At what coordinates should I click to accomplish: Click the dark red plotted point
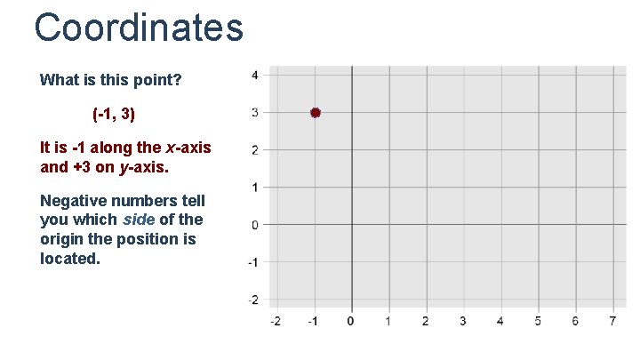315,113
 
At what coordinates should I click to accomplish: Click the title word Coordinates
139,27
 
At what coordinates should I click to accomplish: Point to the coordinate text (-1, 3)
114,115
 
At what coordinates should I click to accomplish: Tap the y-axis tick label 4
255,75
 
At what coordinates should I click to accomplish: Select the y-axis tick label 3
255,112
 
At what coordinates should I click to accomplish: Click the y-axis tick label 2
255,149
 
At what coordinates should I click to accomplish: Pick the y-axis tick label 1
255,187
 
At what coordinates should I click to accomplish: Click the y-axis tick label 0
255,224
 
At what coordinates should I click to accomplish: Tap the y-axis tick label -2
253,299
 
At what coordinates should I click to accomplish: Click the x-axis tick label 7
613,320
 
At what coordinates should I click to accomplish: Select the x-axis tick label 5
538,320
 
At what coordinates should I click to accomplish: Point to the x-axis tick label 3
463,320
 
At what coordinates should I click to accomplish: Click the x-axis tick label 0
351,320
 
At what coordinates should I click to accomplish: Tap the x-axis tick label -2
276,320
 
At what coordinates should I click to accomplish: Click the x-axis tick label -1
313,320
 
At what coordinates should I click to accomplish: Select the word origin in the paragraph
61,239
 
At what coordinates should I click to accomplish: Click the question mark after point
178,80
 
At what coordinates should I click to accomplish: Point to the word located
69,259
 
